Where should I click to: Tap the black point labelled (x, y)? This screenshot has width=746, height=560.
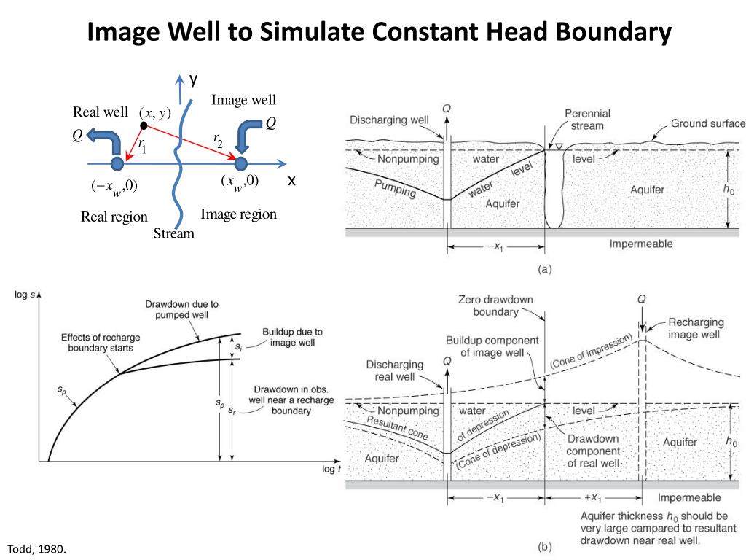[x=144, y=126]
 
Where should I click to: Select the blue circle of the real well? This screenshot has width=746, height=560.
[x=117, y=163]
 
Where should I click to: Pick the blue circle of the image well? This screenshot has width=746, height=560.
[x=241, y=163]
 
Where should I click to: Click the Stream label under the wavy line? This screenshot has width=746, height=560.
[x=174, y=233]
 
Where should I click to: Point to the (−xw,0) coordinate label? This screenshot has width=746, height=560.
[x=114, y=185]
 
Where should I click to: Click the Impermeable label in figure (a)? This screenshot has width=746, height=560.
[x=641, y=244]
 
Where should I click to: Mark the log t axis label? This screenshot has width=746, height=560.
[x=331, y=469]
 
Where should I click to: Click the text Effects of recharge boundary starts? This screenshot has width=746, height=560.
[x=101, y=343]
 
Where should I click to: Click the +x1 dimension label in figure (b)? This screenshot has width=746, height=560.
[x=590, y=499]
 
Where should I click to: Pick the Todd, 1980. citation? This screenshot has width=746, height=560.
[x=36, y=548]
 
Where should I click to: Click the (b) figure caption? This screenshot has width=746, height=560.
[x=543, y=545]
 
